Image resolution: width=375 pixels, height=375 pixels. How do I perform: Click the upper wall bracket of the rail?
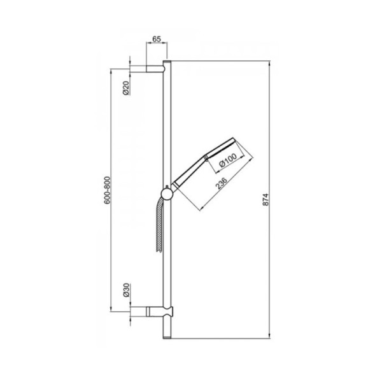coord(155,67)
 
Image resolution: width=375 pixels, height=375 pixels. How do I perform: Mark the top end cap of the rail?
coord(167,62)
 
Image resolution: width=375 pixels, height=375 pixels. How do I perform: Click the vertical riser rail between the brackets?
coord(167,127)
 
